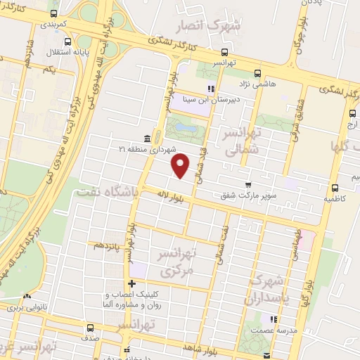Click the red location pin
181,165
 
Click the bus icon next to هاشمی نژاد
257,72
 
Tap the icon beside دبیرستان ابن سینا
210,89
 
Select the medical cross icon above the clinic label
132,283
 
